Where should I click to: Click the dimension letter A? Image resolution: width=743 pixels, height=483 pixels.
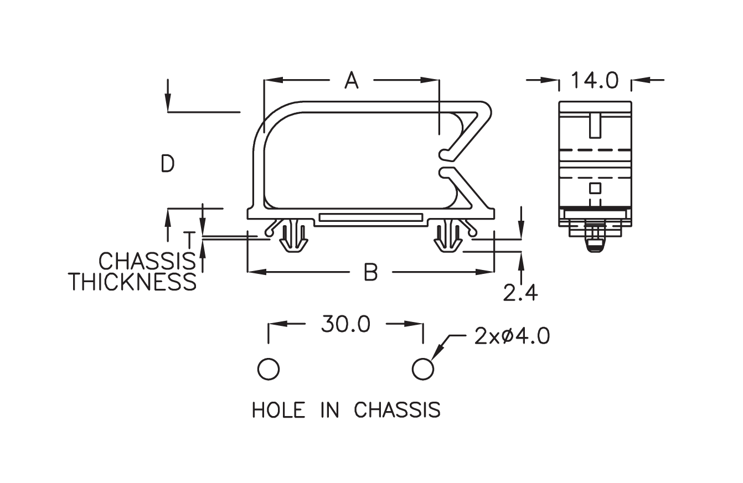[x=352, y=80]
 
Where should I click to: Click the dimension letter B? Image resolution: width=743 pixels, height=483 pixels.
[x=370, y=272]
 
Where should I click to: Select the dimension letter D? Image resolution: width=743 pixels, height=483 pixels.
[x=168, y=163]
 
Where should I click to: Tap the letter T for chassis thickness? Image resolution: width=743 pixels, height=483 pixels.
[x=189, y=240]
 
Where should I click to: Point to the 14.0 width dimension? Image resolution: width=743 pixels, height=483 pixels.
[x=595, y=81]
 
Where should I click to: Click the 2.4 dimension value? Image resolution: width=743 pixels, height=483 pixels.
[x=520, y=293]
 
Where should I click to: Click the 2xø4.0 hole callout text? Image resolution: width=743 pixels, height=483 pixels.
[x=512, y=336]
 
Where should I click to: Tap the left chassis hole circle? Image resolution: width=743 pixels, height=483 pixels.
[x=269, y=369]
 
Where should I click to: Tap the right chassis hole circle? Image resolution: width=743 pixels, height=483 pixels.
[x=422, y=369]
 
